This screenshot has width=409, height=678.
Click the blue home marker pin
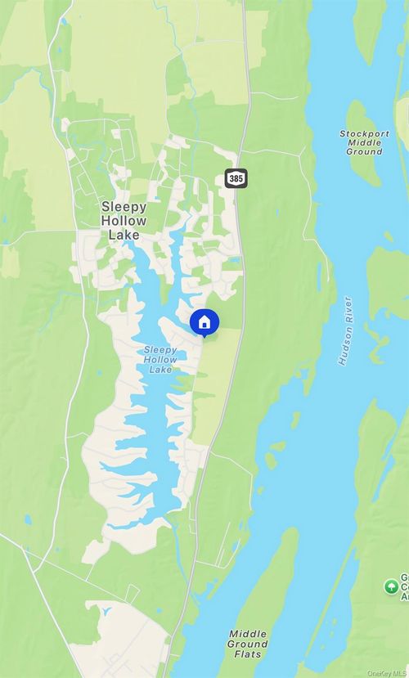tap(204, 323)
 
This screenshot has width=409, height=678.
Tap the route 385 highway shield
tap(236, 177)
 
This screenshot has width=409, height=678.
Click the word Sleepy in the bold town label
tap(124, 207)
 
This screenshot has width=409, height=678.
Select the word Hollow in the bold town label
tap(124, 221)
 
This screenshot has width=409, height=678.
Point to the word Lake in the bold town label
tap(124, 235)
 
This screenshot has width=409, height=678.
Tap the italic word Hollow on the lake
tap(160, 359)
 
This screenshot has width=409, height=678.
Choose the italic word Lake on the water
tap(160, 369)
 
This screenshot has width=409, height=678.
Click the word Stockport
tap(365, 133)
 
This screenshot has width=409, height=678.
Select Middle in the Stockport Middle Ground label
tap(365, 142)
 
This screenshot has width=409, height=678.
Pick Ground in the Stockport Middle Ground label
tap(365, 151)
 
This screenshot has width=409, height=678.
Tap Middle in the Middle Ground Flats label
tap(247, 634)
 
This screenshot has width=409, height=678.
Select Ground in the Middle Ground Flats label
tap(247, 644)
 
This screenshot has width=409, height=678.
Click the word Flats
tap(247, 653)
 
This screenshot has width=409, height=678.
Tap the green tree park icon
tap(392, 586)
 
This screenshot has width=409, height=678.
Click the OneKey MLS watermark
tap(386, 673)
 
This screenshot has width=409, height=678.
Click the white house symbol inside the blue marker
tap(204, 321)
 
